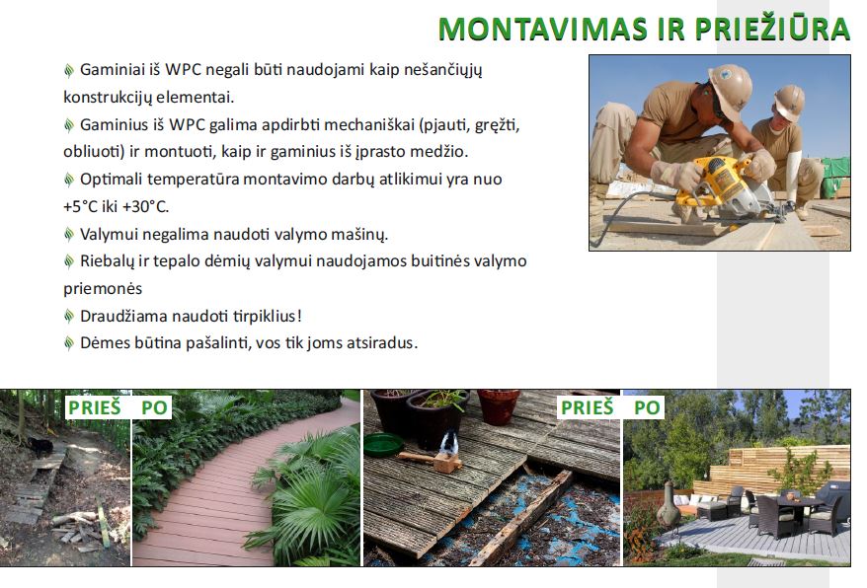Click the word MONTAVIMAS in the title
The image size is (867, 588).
tap(543, 29)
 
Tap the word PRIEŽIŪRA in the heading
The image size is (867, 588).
tap(772, 28)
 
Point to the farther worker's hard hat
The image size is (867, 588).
tap(789, 103)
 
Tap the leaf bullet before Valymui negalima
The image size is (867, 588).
tap(68, 235)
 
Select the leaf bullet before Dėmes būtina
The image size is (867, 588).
tap(68, 343)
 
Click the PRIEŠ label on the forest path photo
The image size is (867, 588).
tap(94, 407)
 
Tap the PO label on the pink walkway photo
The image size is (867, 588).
tap(154, 407)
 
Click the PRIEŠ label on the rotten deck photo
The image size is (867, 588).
tap(588, 407)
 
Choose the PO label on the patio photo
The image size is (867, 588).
tap(647, 407)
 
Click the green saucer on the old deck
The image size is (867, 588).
tap(384, 444)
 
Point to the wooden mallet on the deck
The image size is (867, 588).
tap(432, 460)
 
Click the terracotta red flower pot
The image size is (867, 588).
tap(499, 406)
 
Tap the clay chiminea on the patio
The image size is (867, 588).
tap(669, 503)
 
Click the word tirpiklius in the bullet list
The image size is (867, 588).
tap(265, 316)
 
